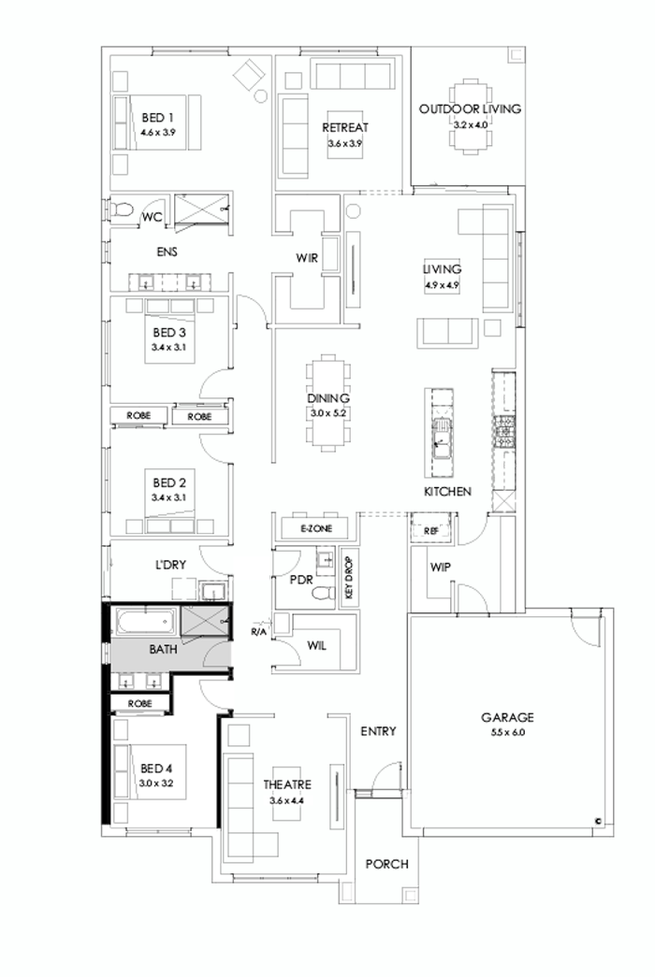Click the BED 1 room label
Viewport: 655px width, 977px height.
pyautogui.click(x=158, y=118)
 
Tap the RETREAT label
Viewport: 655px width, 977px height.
pyautogui.click(x=345, y=128)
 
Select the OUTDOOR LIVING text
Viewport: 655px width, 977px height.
pyautogui.click(x=470, y=109)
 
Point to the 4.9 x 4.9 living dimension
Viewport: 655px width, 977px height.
pyautogui.click(x=444, y=287)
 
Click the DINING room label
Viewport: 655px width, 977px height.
pyautogui.click(x=328, y=398)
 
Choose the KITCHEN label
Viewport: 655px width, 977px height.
pyautogui.click(x=447, y=492)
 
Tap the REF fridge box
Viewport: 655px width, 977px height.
pyautogui.click(x=431, y=530)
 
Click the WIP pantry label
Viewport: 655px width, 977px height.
pyautogui.click(x=442, y=568)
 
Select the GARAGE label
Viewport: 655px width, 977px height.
pyautogui.click(x=507, y=718)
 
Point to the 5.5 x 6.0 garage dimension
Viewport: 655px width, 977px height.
pyautogui.click(x=507, y=733)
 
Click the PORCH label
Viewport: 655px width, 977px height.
pyautogui.click(x=386, y=864)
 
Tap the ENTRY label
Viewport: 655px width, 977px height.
pyautogui.click(x=378, y=731)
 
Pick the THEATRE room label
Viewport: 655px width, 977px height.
pyautogui.click(x=287, y=784)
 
